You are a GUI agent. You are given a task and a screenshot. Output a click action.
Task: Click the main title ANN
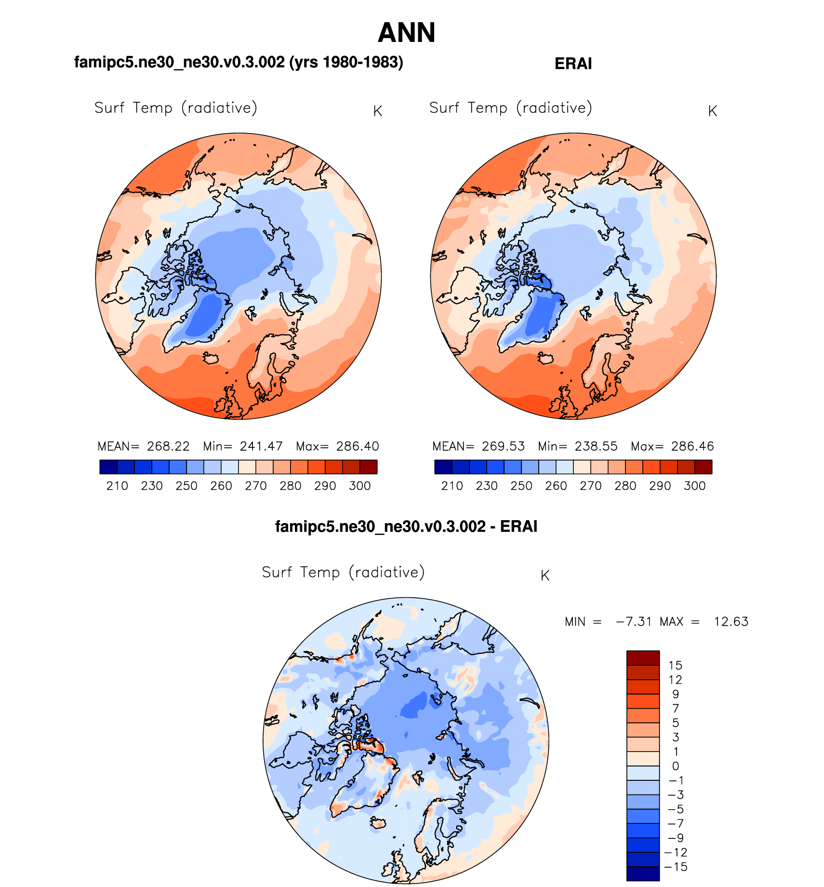click(406, 33)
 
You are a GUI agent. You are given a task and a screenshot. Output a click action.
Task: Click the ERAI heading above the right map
click(573, 64)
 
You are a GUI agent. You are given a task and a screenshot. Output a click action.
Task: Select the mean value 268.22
click(168, 446)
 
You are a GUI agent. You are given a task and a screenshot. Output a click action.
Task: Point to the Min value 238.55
click(596, 446)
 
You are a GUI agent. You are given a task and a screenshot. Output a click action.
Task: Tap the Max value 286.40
click(358, 446)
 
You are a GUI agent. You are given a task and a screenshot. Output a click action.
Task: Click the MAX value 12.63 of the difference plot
click(731, 622)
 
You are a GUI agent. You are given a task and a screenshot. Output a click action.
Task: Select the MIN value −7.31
click(634, 622)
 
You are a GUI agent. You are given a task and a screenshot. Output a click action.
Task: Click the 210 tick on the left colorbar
click(117, 486)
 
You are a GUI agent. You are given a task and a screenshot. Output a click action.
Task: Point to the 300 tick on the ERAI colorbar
click(694, 486)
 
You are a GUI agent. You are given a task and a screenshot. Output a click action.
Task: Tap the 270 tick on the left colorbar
click(256, 486)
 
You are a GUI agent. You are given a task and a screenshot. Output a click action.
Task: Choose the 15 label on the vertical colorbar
click(675, 666)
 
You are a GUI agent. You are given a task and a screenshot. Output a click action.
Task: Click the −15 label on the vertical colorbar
click(676, 867)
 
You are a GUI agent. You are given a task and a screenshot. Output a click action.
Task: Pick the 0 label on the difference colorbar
click(675, 766)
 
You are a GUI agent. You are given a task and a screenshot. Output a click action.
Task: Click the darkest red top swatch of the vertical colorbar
click(643, 658)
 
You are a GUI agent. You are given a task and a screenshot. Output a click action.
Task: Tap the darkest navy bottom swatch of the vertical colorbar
click(643, 874)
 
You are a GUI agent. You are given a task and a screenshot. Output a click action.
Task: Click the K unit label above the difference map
click(545, 576)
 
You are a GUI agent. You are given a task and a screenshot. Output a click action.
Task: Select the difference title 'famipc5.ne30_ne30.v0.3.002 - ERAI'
click(406, 526)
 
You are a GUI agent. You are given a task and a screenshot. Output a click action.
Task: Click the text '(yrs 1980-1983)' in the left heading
click(346, 62)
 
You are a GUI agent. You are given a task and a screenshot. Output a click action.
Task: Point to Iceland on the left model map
click(211, 359)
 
